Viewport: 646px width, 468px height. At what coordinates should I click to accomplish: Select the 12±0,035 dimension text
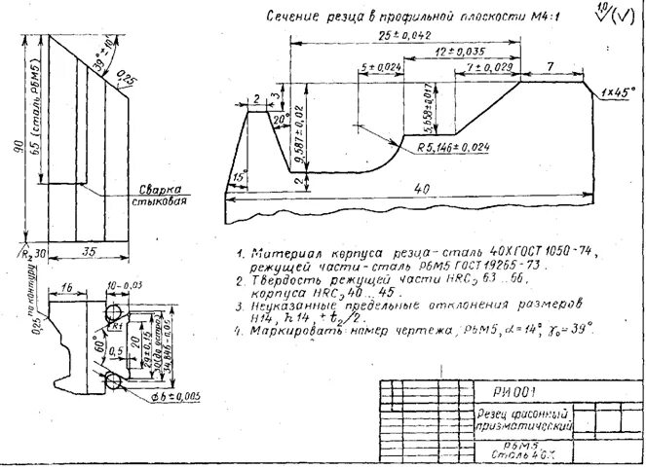point(460,51)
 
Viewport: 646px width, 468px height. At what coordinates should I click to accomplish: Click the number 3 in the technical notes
point(240,306)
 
